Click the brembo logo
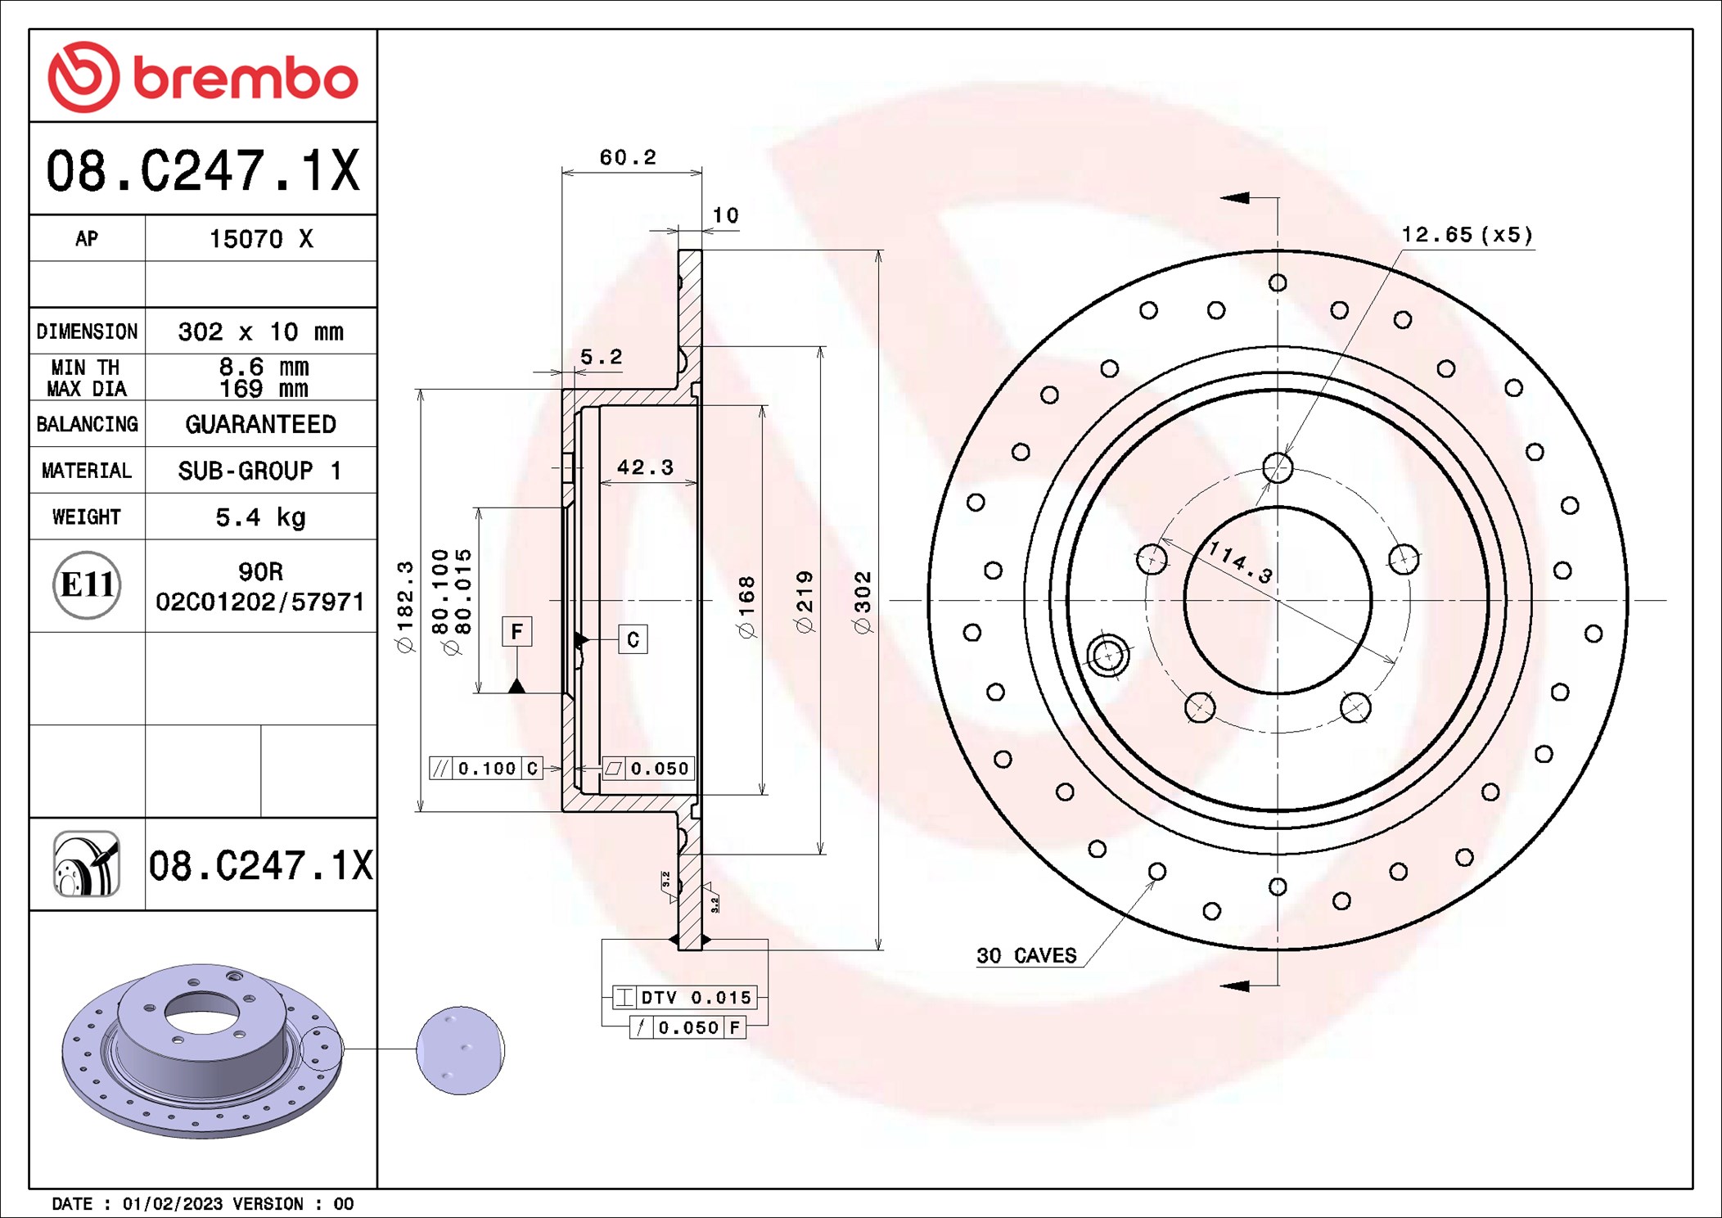203,77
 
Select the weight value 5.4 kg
260,517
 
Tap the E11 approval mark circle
87,584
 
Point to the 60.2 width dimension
628,156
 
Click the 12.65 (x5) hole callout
1467,235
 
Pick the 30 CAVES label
1026,955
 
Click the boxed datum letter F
516,631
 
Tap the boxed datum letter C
633,639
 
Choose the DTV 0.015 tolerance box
685,997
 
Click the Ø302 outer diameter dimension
862,602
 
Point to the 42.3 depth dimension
645,467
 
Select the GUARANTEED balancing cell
260,424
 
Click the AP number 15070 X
261,239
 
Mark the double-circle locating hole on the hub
1108,656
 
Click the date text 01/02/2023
173,1203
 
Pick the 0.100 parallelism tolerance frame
486,768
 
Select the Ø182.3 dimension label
405,607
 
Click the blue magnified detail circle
460,1050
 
